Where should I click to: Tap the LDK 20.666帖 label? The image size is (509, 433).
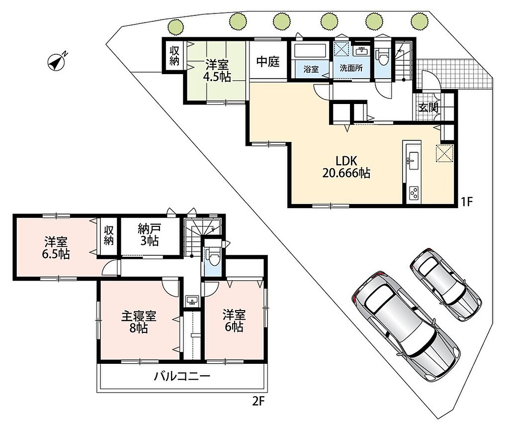click(x=346, y=167)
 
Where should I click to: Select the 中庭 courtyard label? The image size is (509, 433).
click(x=268, y=61)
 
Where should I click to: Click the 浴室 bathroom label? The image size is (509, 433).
click(x=311, y=69)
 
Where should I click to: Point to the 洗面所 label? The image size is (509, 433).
click(x=351, y=68)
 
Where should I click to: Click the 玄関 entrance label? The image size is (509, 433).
click(x=428, y=108)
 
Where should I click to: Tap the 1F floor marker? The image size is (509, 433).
click(x=466, y=202)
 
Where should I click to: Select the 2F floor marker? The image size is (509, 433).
click(x=258, y=402)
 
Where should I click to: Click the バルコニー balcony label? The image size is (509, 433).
click(x=182, y=376)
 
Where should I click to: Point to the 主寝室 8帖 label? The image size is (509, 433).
click(x=139, y=322)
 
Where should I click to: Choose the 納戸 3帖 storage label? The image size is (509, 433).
click(x=149, y=235)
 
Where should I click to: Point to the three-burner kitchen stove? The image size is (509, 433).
click(x=414, y=194)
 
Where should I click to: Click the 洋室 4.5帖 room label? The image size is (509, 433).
click(x=217, y=71)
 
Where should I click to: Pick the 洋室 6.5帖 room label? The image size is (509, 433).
click(x=56, y=248)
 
